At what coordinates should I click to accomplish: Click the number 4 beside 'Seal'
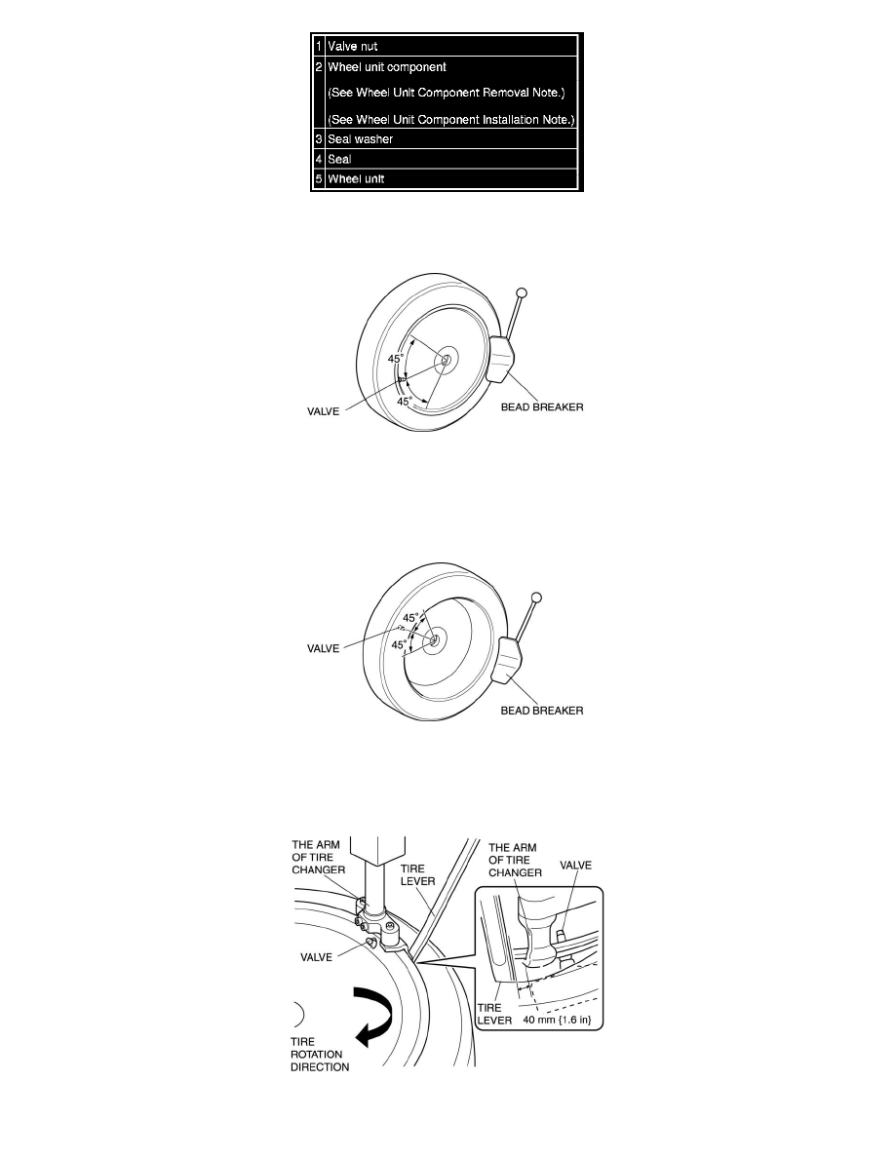pyautogui.click(x=319, y=160)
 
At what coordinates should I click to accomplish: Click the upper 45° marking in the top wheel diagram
pyautogui.click(x=396, y=359)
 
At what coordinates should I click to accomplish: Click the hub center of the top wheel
pyautogui.click(x=445, y=361)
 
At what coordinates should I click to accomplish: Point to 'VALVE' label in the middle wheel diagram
pyautogui.click(x=323, y=645)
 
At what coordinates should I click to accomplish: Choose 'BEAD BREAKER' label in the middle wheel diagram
pyautogui.click(x=542, y=711)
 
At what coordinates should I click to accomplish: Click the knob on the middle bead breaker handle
pyautogui.click(x=535, y=597)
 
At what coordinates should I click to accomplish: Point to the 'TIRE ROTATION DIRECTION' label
pyautogui.click(x=321, y=1053)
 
